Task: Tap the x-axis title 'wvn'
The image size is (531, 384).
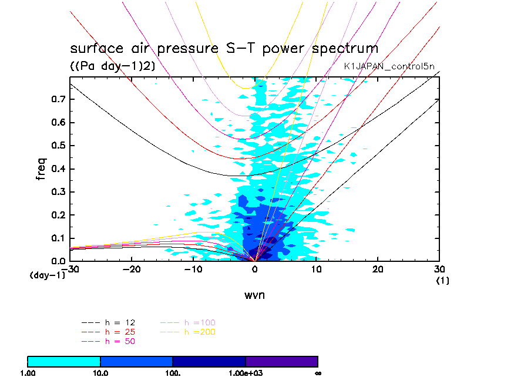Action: click(254, 295)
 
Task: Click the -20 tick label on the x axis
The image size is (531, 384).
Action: click(132, 269)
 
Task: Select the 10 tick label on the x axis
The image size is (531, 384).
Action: click(317, 269)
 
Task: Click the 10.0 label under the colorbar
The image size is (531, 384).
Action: click(100, 373)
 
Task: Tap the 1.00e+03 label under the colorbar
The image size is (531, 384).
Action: click(246, 373)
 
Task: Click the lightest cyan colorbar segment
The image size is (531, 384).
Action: click(64, 361)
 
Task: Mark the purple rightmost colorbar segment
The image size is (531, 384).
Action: click(282, 361)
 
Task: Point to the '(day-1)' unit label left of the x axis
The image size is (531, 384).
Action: click(47, 275)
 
